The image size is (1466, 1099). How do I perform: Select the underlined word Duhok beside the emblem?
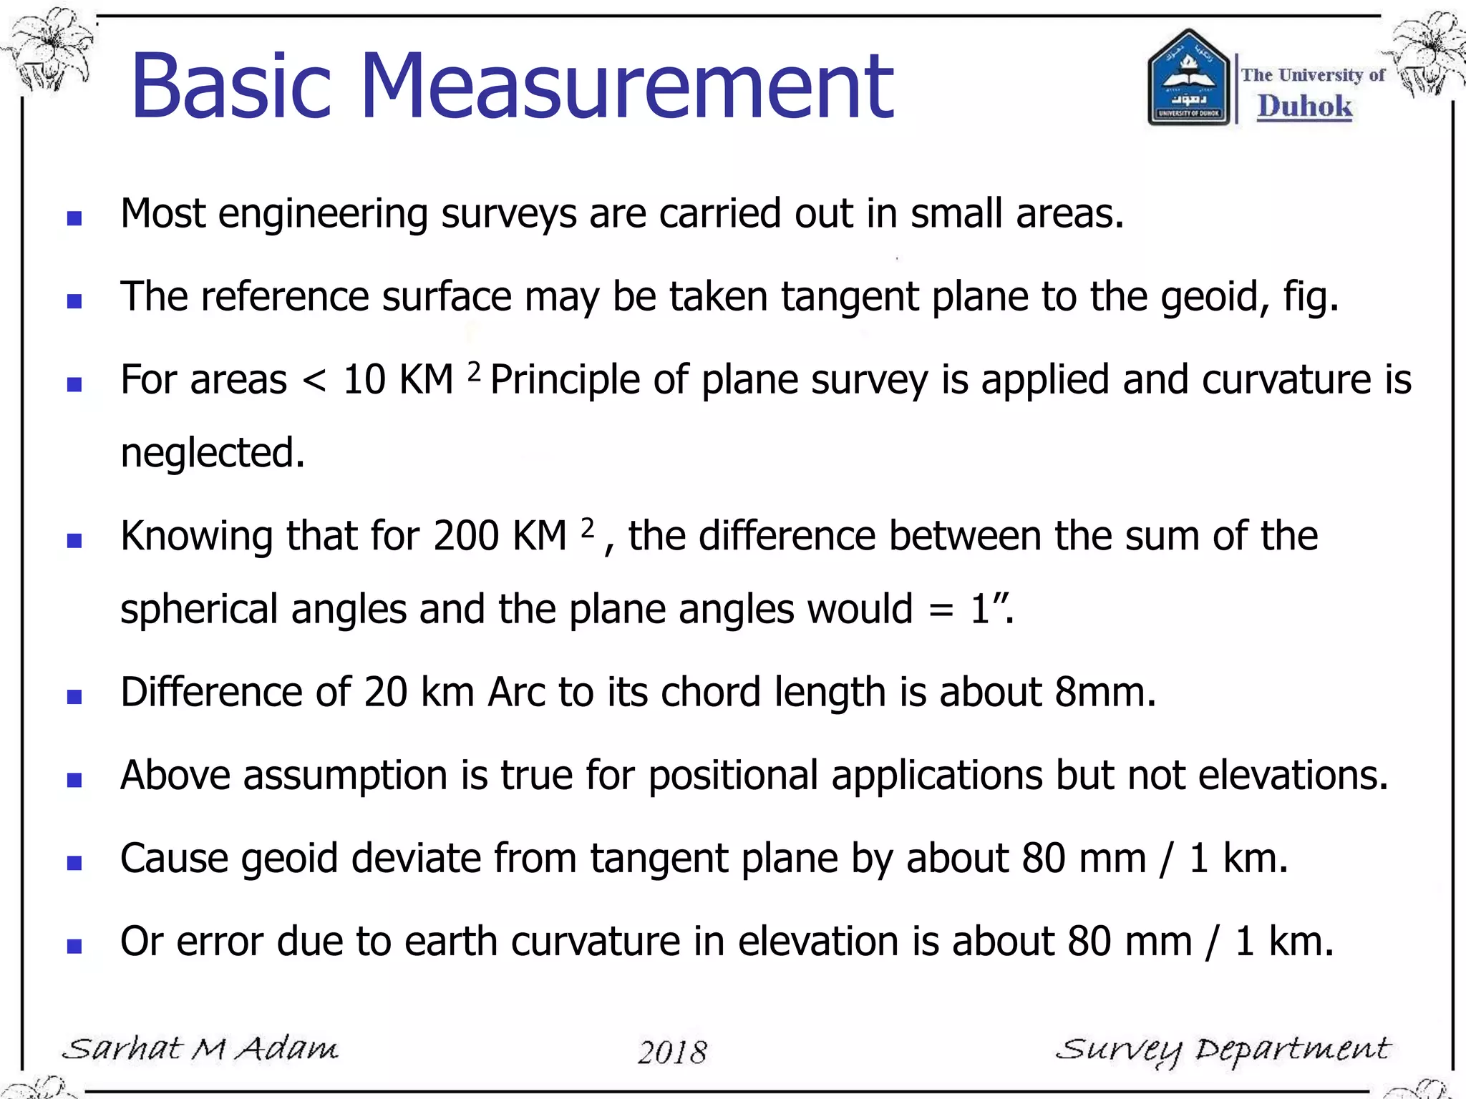[x=1305, y=106]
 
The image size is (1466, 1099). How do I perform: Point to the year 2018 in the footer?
[x=672, y=1052]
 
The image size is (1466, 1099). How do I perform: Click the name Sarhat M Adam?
[x=200, y=1049]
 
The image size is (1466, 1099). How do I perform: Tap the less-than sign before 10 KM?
[x=315, y=381]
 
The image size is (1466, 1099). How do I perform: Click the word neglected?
[x=213, y=453]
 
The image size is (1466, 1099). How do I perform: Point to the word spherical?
[x=199, y=610]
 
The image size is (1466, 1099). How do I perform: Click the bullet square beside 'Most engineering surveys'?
[x=74, y=218]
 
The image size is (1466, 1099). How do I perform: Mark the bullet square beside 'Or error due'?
[x=74, y=946]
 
